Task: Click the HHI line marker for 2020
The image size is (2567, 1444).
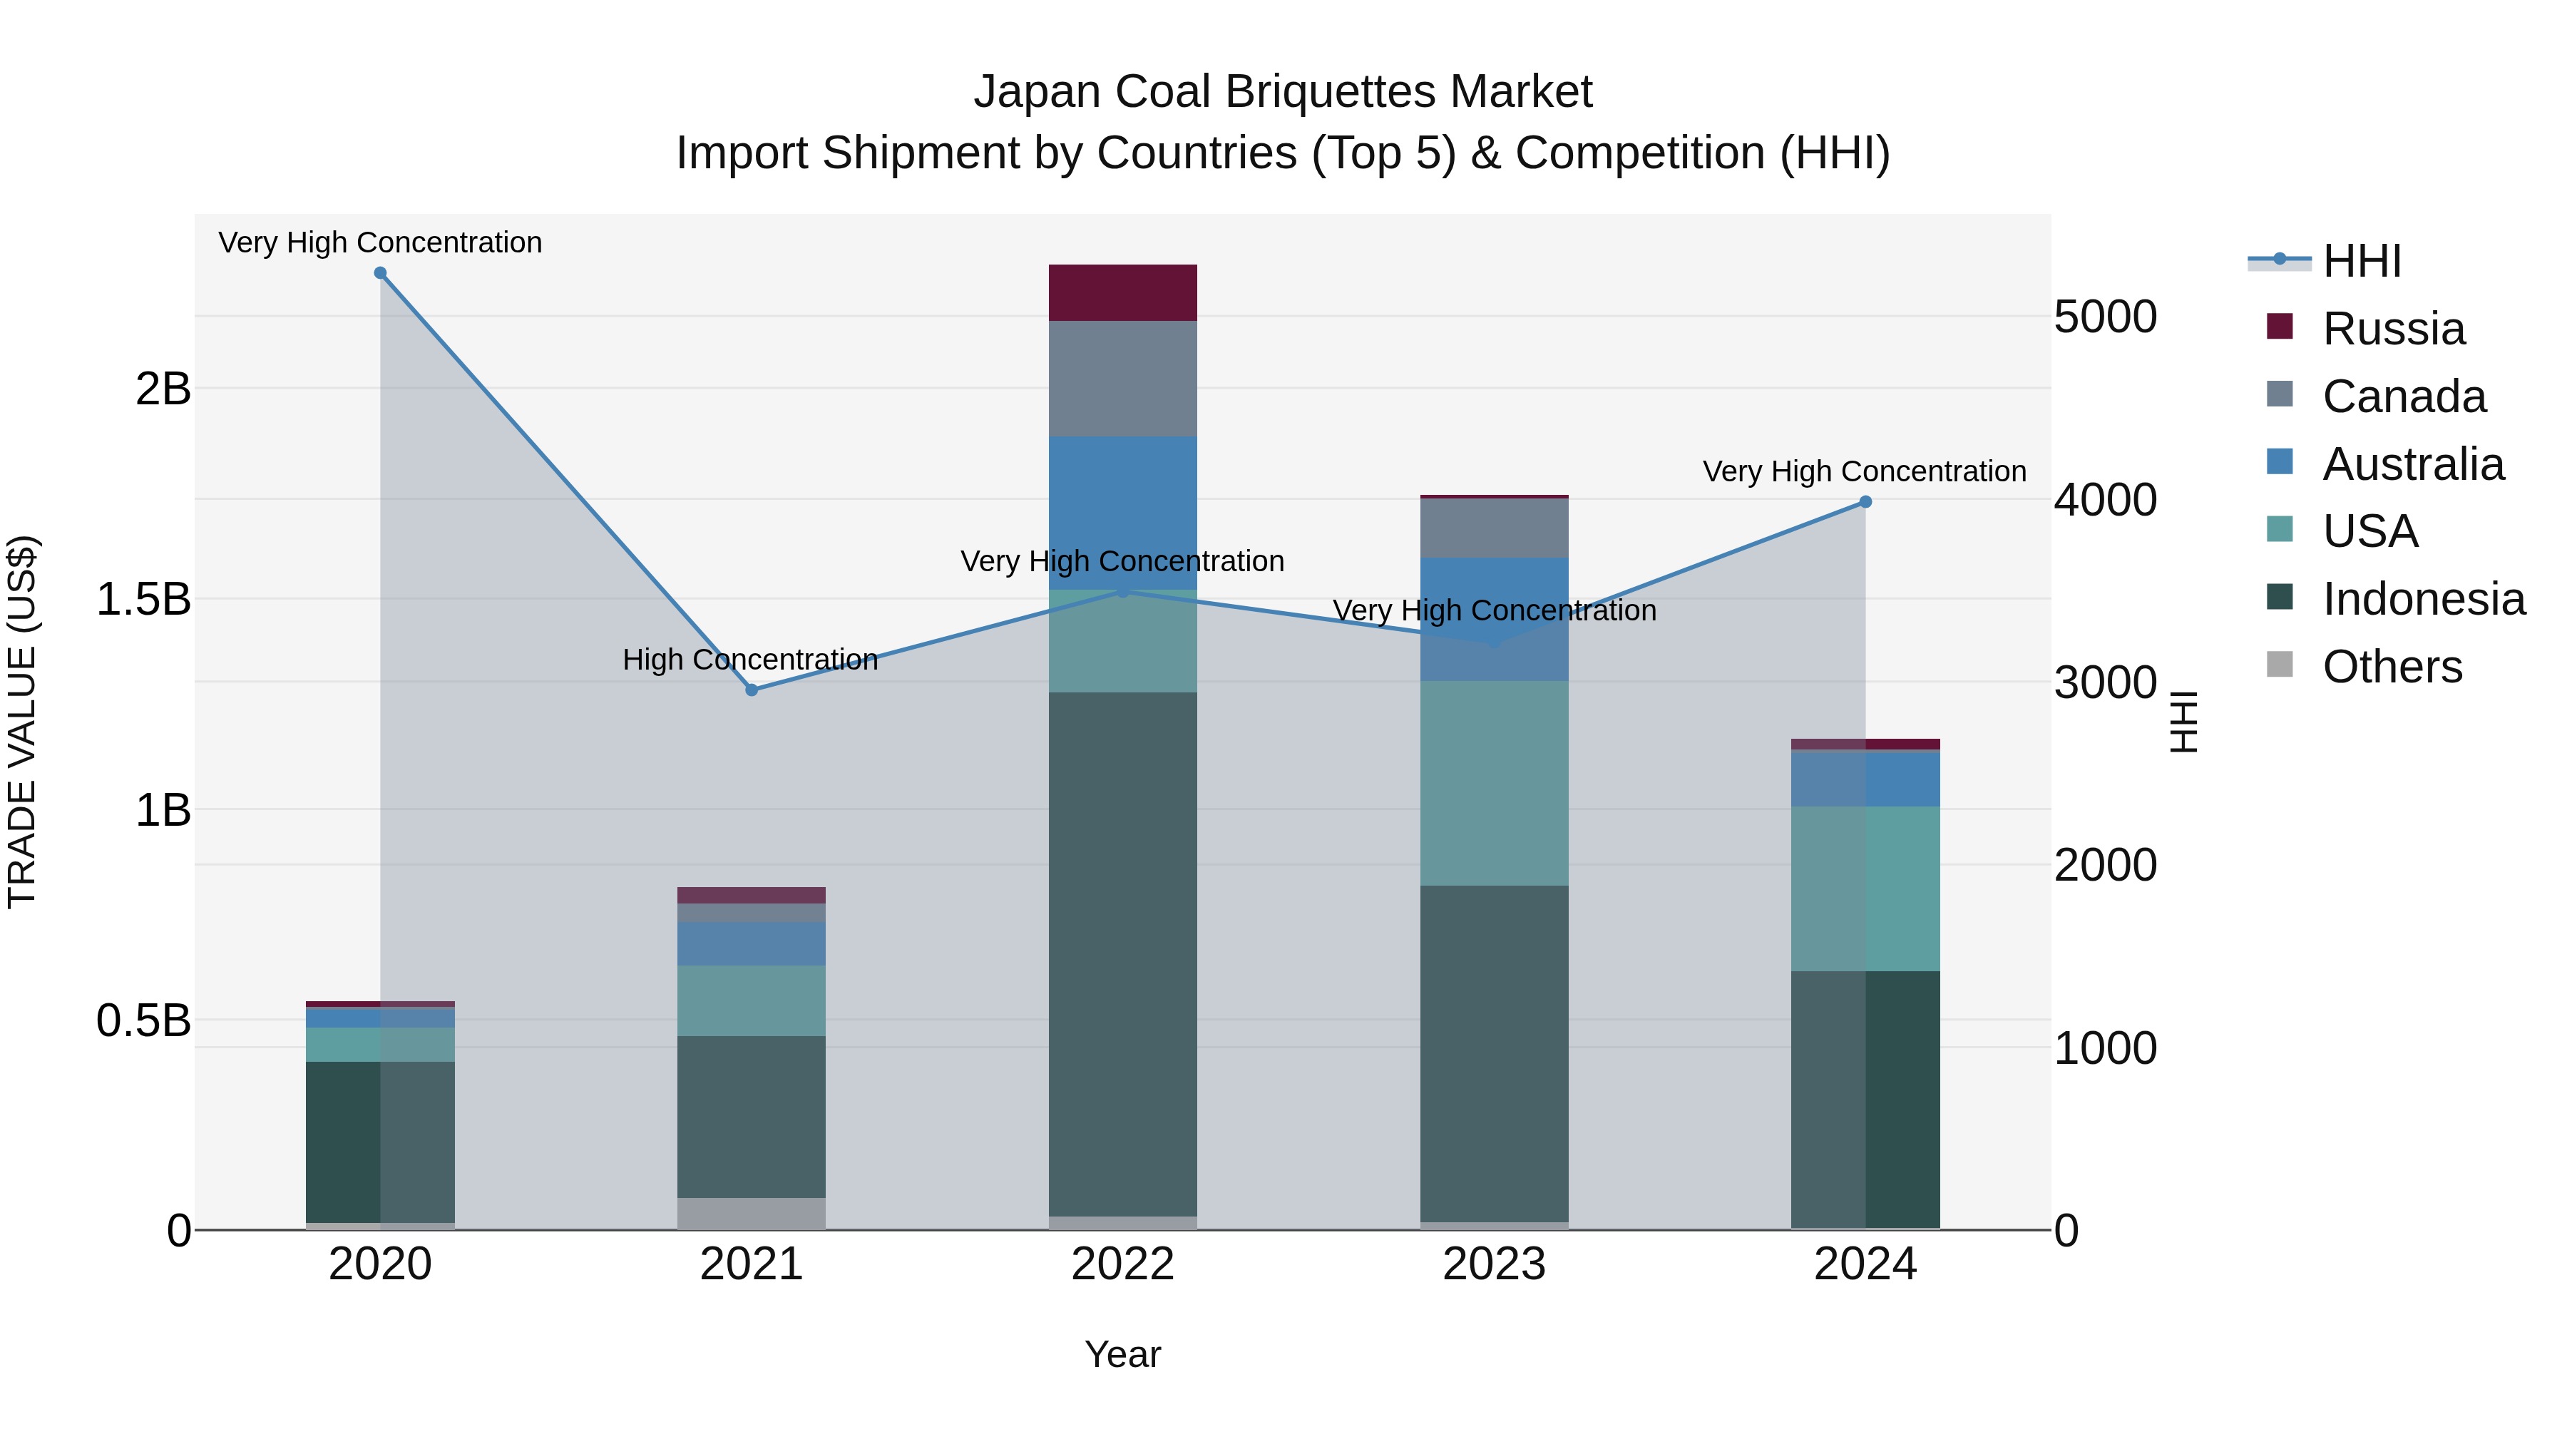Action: (x=379, y=273)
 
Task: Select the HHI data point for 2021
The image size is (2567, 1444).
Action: (x=752, y=690)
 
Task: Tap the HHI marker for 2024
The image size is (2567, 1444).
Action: (x=1865, y=501)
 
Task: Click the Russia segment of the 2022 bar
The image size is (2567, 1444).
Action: (x=1123, y=293)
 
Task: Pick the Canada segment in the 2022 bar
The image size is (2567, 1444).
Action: (x=1123, y=379)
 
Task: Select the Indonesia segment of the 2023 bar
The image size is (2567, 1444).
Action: (x=1494, y=1053)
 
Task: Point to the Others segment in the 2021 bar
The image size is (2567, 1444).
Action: (x=752, y=1213)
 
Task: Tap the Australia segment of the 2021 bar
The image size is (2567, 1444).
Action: (x=752, y=943)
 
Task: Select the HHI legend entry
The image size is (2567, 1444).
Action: (x=2362, y=261)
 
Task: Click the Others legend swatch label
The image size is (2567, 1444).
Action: (x=2392, y=667)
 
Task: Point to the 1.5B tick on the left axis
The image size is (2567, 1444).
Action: (x=143, y=599)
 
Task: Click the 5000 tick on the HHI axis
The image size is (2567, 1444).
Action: (x=2105, y=317)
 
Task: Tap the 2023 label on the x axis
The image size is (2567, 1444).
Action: (x=1494, y=1264)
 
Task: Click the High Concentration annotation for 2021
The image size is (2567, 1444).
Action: (x=750, y=660)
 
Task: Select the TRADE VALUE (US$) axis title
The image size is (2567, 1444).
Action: (x=22, y=722)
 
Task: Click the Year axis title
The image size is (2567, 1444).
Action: (x=1122, y=1354)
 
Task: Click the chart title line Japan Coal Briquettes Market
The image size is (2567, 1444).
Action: (x=1283, y=92)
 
